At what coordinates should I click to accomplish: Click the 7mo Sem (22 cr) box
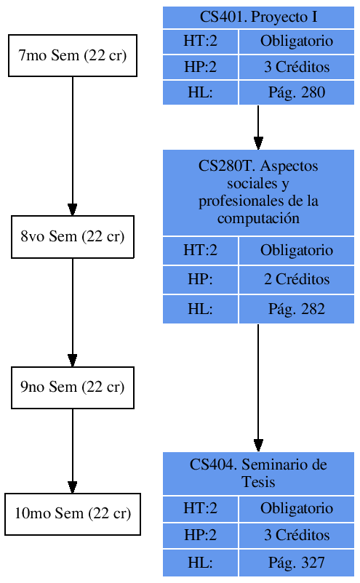[x=73, y=55]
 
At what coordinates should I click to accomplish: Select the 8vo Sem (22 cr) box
[x=73, y=236]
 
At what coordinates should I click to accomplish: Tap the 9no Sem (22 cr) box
[x=73, y=387]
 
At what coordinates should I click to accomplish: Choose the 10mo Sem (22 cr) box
[x=73, y=514]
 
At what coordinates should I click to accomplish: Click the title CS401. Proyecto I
[x=258, y=17]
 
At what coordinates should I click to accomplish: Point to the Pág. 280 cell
[x=296, y=92]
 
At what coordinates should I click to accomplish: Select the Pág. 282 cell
[x=296, y=309]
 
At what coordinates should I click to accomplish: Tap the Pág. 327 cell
[x=296, y=563]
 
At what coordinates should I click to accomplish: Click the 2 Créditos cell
[x=296, y=280]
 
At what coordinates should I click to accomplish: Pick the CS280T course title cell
[x=258, y=192]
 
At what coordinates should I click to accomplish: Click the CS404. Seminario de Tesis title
[x=258, y=473]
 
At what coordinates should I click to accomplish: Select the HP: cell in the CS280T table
[x=200, y=280]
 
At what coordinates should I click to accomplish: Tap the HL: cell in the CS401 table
[x=200, y=92]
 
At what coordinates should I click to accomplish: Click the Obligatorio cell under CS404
[x=296, y=508]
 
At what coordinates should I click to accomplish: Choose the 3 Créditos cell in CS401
[x=296, y=67]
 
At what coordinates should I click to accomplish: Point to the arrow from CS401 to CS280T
[x=258, y=127]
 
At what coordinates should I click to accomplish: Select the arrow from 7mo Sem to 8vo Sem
[x=73, y=145]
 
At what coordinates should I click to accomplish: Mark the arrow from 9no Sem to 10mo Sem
[x=73, y=451]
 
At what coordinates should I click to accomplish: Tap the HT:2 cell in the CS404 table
[x=200, y=508]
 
